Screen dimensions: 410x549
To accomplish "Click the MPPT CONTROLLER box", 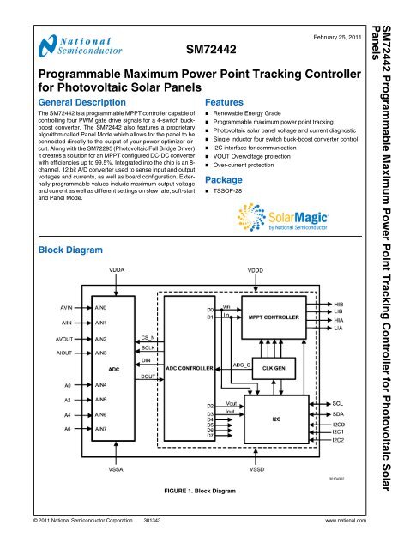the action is [x=273, y=316].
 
